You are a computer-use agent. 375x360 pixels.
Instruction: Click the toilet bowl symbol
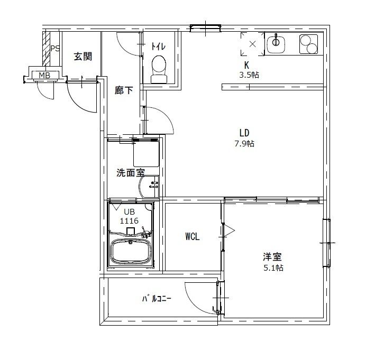click(158, 69)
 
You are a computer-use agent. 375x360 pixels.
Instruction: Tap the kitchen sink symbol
click(276, 43)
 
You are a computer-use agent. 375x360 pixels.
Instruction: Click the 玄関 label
click(83, 56)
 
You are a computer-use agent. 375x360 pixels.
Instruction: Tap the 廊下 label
click(124, 90)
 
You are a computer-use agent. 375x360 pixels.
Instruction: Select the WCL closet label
click(192, 237)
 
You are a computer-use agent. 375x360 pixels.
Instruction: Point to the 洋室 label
click(273, 257)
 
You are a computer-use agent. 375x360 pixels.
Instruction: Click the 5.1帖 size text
click(273, 268)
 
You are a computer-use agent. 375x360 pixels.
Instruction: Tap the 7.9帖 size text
click(244, 143)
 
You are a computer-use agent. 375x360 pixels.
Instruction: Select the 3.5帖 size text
click(249, 75)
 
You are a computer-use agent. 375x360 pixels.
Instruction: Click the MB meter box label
click(44, 76)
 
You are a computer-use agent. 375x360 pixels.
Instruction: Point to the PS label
click(54, 49)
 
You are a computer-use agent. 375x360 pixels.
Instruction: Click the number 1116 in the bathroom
click(129, 221)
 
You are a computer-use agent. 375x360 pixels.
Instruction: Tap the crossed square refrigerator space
click(252, 44)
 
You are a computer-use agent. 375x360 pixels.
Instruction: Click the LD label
click(244, 133)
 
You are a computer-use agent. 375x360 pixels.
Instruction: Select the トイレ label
click(158, 45)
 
